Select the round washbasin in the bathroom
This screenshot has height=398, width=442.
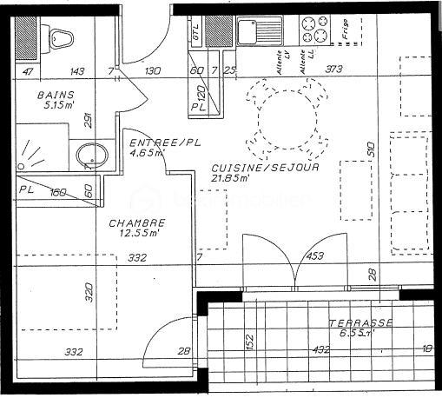(x=89, y=157)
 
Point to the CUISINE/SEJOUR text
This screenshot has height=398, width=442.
(x=265, y=167)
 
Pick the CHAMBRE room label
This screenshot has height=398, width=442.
(x=136, y=222)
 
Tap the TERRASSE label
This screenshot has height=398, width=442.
(x=360, y=323)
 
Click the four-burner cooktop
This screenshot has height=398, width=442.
(x=313, y=32)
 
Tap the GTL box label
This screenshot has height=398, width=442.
(x=197, y=33)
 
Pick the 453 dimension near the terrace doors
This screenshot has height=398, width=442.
(x=314, y=256)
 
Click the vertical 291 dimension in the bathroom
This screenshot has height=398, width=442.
(x=88, y=122)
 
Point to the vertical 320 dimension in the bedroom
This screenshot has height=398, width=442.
(x=88, y=291)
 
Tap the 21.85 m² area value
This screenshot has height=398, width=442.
(x=232, y=178)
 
